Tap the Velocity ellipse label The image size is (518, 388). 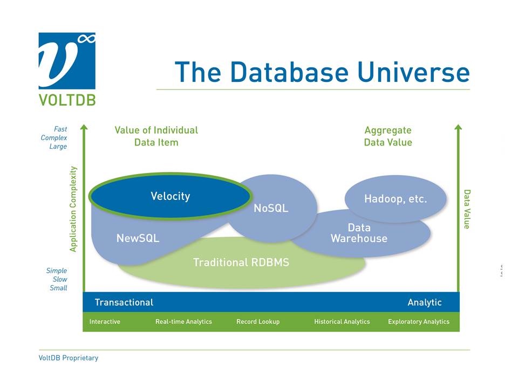pos(170,196)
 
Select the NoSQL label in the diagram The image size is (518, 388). pos(271,208)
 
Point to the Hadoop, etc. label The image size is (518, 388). pos(395,199)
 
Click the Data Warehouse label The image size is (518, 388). pos(359,233)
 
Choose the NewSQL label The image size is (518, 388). pos(138,238)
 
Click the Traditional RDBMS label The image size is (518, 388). pos(241,262)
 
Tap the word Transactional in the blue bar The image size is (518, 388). pos(124,302)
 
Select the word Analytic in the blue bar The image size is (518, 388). pos(424,302)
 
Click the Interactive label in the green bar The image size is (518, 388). pos(105,322)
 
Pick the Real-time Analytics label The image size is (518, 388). pos(183,322)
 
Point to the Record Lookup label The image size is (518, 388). pos(258,322)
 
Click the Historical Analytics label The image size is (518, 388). pos(342,322)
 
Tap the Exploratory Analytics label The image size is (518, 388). pos(419,322)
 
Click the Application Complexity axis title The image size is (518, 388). pos(74,209)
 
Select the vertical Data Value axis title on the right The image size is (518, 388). pos(467,209)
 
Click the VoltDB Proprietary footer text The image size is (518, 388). pos(69,358)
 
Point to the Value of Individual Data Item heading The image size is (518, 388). pos(156,136)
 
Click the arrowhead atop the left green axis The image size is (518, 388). pos(84,128)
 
